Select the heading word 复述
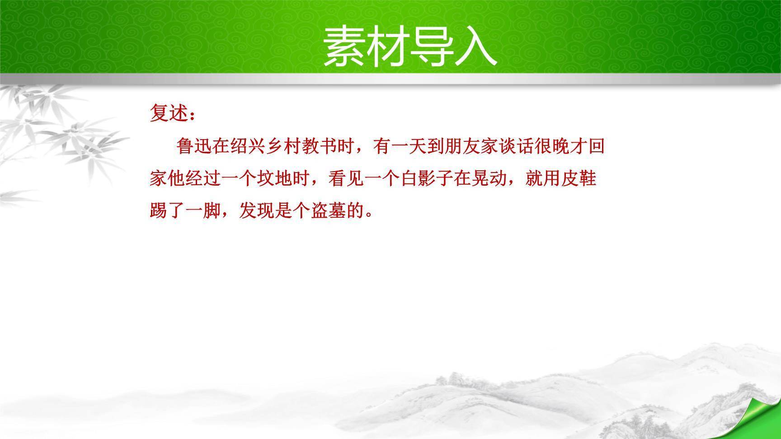point(168,113)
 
